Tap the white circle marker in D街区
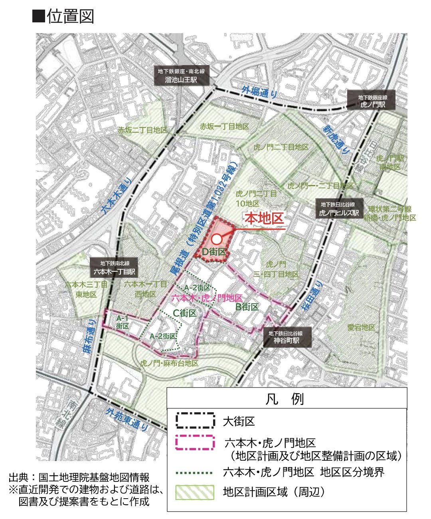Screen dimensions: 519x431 pos(216,239)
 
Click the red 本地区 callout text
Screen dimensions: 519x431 pos(264,219)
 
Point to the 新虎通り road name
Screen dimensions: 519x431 pos(336,140)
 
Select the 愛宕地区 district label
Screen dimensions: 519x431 pos(361,327)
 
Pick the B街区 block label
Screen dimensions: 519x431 pos(247,307)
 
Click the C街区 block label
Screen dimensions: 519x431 pos(185,313)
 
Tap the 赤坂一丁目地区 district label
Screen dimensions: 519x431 pos(224,126)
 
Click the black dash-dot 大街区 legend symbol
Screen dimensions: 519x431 pos(195,421)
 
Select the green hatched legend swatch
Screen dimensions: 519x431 pos(195,492)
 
